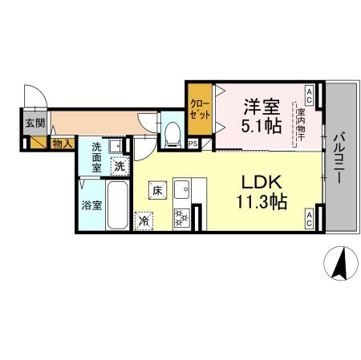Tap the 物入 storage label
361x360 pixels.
tap(63, 144)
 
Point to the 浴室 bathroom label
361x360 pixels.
tap(91, 204)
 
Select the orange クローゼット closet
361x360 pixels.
tap(200, 109)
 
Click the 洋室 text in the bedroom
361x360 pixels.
tap(261, 104)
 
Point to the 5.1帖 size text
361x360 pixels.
tap(261, 125)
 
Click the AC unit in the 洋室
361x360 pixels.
tap(309, 91)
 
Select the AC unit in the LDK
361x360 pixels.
tap(309, 216)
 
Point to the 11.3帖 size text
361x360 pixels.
tap(258, 203)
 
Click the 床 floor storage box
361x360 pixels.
tap(158, 191)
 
